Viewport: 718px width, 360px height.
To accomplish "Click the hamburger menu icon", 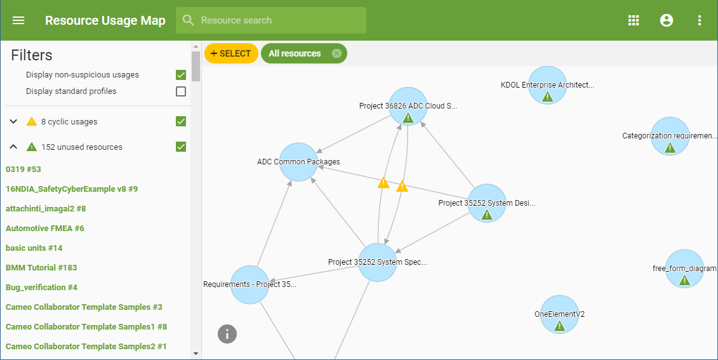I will click(x=18, y=20).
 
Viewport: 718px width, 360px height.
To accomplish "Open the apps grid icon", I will click(x=634, y=20).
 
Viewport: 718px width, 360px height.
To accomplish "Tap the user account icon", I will click(x=667, y=20).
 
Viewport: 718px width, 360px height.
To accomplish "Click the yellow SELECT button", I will click(x=231, y=53).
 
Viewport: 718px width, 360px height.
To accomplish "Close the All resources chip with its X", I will click(x=336, y=53).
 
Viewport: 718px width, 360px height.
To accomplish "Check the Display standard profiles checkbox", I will click(x=181, y=91).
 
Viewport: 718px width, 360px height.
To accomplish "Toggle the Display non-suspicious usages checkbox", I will click(x=181, y=75).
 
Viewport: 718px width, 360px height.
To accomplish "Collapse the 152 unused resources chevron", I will click(x=13, y=147).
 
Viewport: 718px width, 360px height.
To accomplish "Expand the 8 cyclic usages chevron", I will click(x=13, y=121).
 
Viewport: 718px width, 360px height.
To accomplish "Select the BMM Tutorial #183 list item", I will click(x=41, y=267).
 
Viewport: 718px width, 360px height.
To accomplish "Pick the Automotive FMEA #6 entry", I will click(x=45, y=228).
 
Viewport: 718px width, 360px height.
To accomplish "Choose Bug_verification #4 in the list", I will click(x=41, y=287).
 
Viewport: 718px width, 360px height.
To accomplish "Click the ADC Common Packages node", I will click(x=298, y=162).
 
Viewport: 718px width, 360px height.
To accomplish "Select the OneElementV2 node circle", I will click(x=559, y=314).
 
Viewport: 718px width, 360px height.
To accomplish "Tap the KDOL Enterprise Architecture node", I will click(x=547, y=85).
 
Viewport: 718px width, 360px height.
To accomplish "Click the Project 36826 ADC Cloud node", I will click(x=408, y=106).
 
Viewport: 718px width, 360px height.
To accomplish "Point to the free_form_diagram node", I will click(x=684, y=269).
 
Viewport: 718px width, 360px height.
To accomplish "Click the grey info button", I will click(x=227, y=333).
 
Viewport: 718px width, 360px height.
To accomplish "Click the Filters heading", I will click(x=32, y=55).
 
